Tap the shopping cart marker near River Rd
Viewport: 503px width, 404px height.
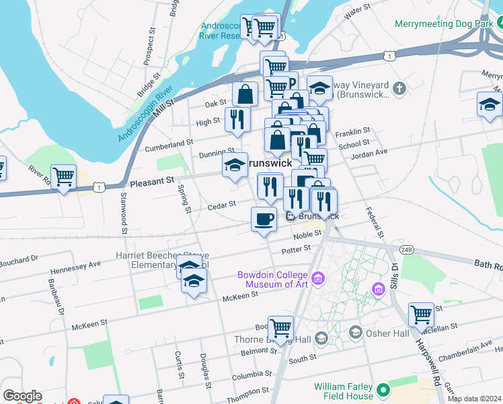[x=63, y=178]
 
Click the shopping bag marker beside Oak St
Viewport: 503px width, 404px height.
[x=245, y=95]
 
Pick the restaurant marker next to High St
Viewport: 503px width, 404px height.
[x=237, y=120]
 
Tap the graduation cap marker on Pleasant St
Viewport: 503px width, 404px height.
[x=235, y=165]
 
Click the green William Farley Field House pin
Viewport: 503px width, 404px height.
[x=383, y=390]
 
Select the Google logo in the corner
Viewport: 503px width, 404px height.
[x=22, y=396]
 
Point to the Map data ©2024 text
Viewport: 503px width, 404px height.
[x=473, y=399]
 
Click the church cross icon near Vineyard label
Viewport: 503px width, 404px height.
[x=399, y=89]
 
